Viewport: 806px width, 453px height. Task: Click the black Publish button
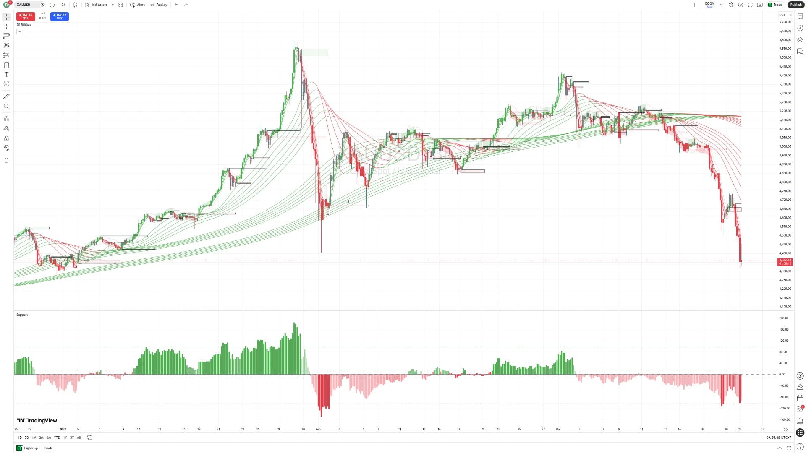pos(796,5)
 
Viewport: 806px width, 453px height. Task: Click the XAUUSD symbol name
pos(24,5)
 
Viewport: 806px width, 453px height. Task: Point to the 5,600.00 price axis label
pos(785,40)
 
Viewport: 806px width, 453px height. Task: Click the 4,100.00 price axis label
pos(785,307)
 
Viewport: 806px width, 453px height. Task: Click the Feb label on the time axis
pos(318,429)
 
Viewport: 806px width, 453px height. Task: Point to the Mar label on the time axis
pos(558,429)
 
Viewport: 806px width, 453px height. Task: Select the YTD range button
pos(57,437)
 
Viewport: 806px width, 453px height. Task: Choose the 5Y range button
pos(72,437)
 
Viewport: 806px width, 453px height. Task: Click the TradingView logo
pos(37,420)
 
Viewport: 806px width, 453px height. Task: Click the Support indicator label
pos(22,315)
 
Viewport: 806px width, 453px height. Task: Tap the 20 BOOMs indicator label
pos(24,25)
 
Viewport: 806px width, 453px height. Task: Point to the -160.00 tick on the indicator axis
pos(785,419)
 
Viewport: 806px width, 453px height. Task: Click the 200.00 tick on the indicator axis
pos(784,318)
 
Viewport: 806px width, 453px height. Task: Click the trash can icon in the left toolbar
pos(6,160)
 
